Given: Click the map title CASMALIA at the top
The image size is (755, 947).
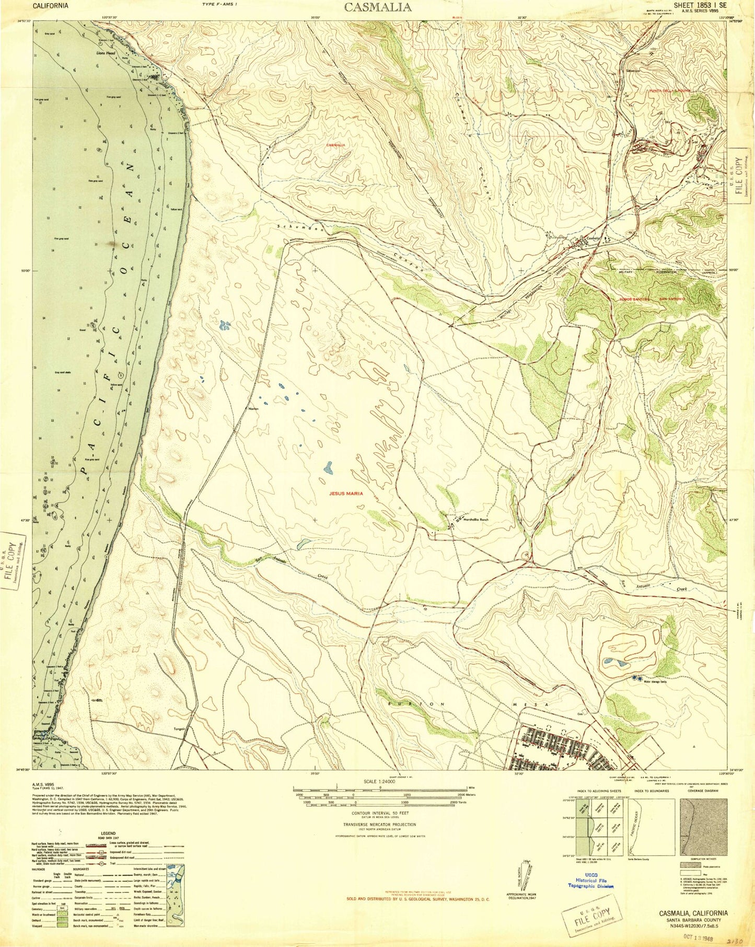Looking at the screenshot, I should tap(377, 7).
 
